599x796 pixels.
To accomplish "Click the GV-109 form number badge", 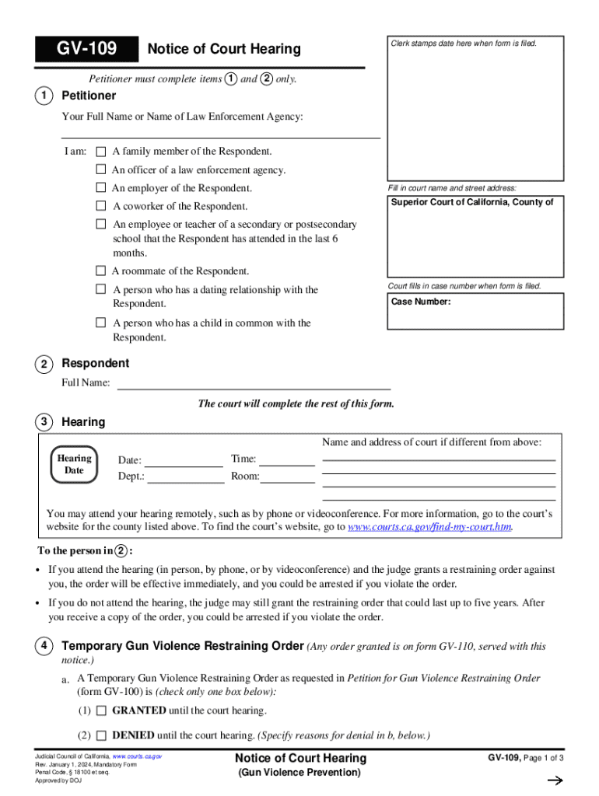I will click(x=86, y=50).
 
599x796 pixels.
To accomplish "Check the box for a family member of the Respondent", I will click(x=100, y=151).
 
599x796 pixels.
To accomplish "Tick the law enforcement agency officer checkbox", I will click(x=100, y=169).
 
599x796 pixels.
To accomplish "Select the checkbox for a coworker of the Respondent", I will click(x=100, y=206).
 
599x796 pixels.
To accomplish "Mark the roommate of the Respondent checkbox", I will click(x=100, y=271).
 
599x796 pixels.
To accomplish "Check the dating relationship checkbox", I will click(x=100, y=289).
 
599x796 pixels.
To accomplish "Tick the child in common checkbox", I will click(x=100, y=323).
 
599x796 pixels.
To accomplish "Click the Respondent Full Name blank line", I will click(x=253, y=383).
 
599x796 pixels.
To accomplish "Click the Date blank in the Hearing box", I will click(x=184, y=461).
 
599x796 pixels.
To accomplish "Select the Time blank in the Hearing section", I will click(x=287, y=459).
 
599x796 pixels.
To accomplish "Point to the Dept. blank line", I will click(x=185, y=477).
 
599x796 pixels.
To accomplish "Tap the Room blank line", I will click(x=287, y=477).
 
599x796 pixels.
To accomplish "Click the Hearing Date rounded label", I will click(x=74, y=464).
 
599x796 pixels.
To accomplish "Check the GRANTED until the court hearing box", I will click(x=101, y=710).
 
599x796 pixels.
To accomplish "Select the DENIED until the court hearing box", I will click(x=101, y=735).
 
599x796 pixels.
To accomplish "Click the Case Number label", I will click(x=420, y=302).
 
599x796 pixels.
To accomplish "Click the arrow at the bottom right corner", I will click(x=555, y=781).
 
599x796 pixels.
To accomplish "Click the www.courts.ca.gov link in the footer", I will click(x=137, y=756).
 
